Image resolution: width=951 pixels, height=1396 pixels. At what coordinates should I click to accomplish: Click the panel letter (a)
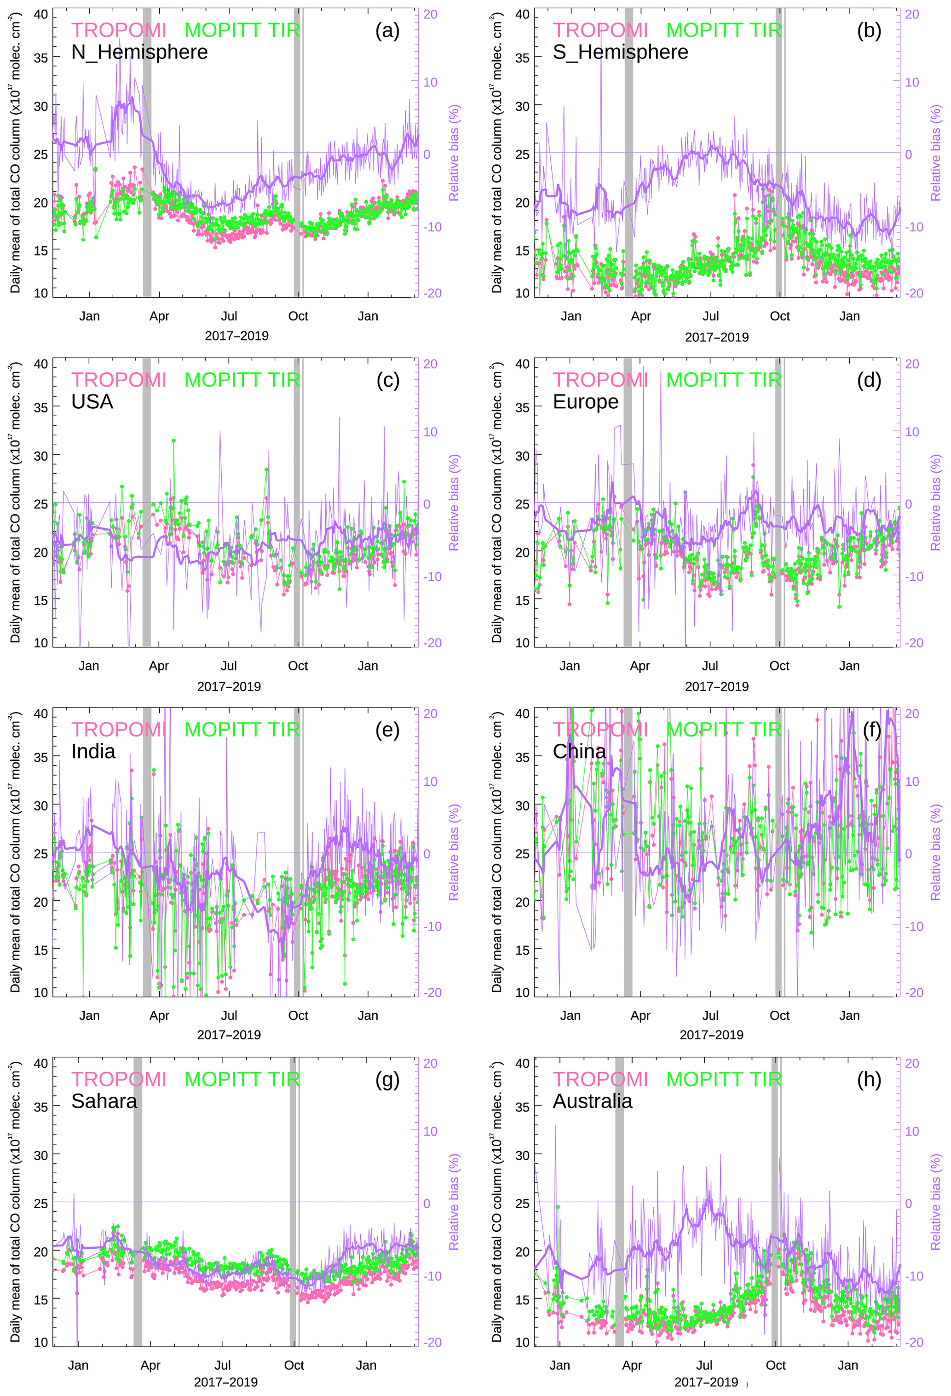tap(387, 30)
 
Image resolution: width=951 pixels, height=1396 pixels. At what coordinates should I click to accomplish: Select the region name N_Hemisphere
tap(139, 52)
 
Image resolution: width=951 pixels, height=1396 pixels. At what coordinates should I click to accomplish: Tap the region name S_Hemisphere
tap(620, 52)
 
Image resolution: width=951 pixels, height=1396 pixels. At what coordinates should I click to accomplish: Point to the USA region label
tap(92, 402)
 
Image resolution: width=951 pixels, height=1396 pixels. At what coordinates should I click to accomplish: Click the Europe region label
tap(585, 402)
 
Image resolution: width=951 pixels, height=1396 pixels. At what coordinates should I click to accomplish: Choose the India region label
tap(93, 752)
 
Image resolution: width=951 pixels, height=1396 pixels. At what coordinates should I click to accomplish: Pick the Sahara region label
tap(104, 1101)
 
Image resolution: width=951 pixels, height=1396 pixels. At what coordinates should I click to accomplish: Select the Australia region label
tap(592, 1101)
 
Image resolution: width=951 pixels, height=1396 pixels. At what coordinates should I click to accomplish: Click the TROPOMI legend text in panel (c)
tap(119, 380)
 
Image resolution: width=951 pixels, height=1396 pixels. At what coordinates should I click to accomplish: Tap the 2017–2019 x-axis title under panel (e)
tap(229, 1035)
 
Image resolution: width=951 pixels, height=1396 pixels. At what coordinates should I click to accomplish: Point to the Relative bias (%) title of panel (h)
tap(935, 1203)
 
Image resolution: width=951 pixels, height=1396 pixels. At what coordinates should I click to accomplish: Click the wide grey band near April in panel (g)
tap(138, 1201)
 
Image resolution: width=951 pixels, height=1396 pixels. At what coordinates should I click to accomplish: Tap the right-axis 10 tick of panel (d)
tap(911, 432)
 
